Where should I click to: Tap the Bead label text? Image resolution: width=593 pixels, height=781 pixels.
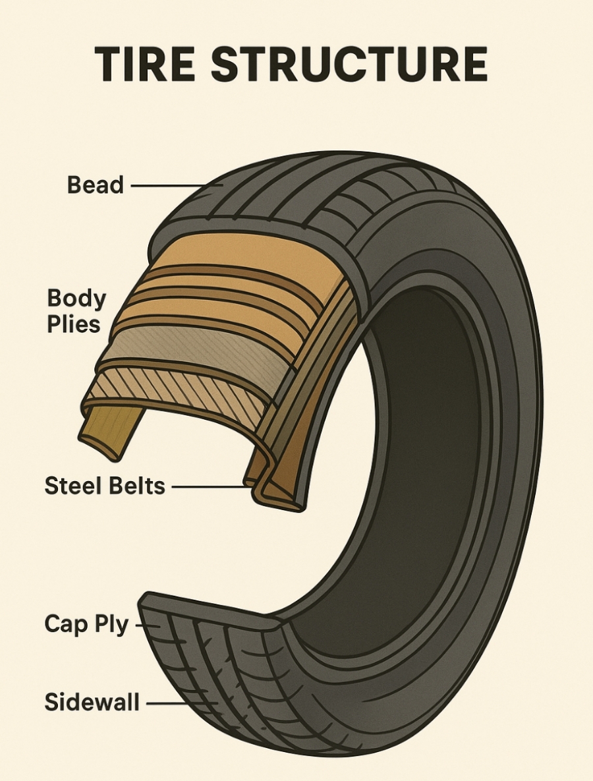click(x=95, y=185)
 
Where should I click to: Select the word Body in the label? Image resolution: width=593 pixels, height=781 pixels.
click(x=76, y=299)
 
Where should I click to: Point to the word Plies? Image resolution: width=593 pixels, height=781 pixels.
click(x=73, y=324)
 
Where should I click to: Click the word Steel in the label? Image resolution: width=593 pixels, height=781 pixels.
click(x=72, y=486)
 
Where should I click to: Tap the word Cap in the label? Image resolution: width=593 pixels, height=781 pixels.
click(x=67, y=623)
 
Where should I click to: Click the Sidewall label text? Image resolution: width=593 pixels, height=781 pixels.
click(x=92, y=703)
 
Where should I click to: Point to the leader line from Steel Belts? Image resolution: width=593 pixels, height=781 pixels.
click(x=212, y=488)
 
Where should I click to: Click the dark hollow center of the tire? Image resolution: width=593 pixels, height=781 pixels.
click(x=422, y=461)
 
